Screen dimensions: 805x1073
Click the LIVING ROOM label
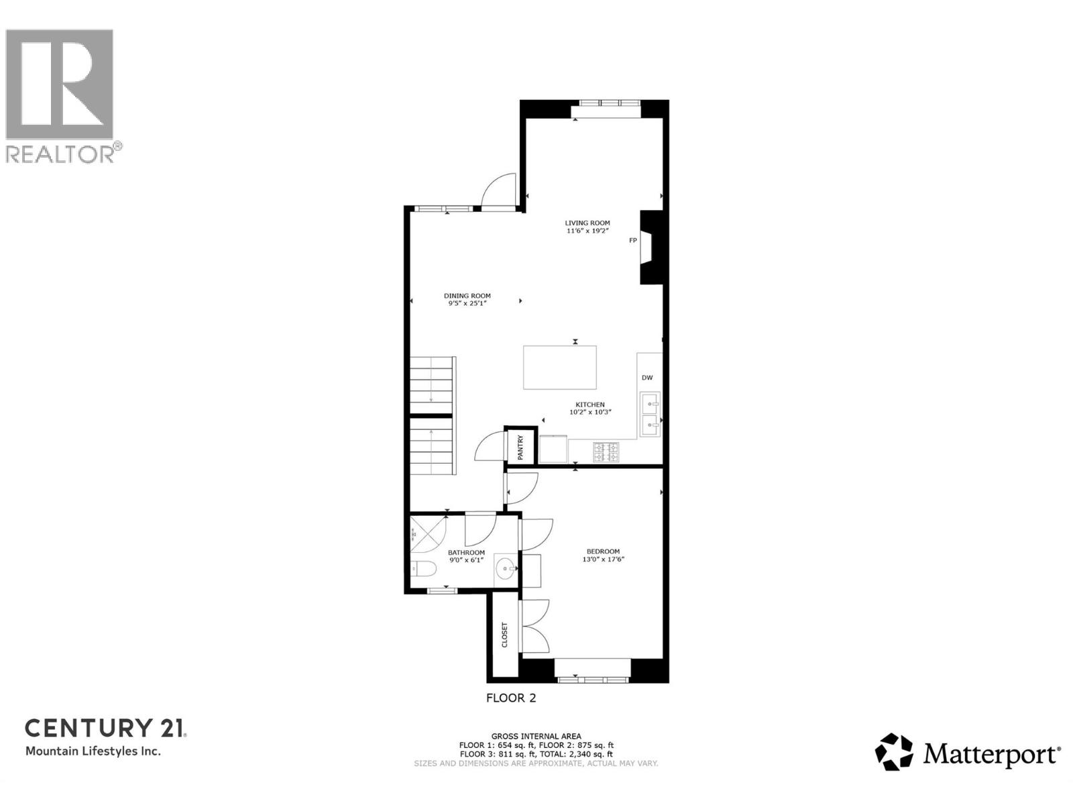[587, 223]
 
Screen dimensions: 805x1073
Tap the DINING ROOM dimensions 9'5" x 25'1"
[467, 303]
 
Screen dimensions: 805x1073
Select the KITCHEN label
[589, 405]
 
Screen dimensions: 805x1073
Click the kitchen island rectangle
[560, 367]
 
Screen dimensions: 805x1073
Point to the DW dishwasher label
[647, 378]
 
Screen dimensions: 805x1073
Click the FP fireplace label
[632, 240]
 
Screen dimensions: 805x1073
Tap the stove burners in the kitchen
[606, 452]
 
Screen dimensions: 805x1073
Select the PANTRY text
[520, 447]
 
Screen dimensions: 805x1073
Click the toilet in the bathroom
[424, 570]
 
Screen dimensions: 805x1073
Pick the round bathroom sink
[505, 570]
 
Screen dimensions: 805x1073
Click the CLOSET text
[505, 635]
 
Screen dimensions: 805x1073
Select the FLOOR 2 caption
[511, 698]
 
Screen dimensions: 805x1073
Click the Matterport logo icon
[894, 751]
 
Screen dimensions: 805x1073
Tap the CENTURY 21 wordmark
[105, 728]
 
